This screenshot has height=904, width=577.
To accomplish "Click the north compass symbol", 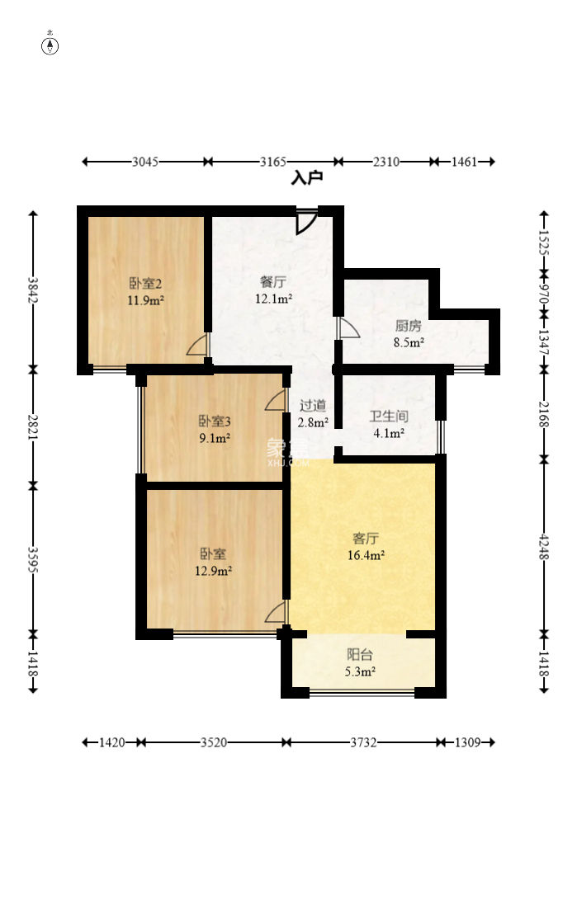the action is point(50,45).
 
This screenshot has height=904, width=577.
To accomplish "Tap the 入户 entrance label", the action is point(307,178).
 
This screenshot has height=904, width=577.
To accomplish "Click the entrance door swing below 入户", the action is point(306,221).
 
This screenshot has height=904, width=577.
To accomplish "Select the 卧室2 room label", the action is point(144,283).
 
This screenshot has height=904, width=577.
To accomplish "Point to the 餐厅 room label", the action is point(273,282).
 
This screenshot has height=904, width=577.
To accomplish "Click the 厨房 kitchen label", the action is point(408,327).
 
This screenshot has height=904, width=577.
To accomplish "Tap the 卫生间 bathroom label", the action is point(389,417).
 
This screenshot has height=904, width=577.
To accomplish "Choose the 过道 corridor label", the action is point(313,406).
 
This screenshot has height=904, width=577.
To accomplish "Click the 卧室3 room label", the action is point(215,421).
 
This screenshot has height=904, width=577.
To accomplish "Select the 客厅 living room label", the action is point(365,539).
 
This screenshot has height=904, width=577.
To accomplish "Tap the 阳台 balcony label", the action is point(359,655).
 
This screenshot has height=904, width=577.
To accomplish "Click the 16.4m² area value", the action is point(366,556).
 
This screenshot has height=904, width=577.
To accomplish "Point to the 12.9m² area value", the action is point(214,572).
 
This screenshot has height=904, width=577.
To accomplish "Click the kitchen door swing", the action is point(348,327).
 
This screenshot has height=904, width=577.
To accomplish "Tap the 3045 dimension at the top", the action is point(144,162).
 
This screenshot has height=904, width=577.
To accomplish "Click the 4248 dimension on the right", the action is point(543,547).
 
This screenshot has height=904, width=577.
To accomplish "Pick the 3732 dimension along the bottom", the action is point(363,742).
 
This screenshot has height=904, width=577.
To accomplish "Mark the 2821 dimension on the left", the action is point(33,428).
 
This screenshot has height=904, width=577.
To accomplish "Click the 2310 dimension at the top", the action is point(386,162).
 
